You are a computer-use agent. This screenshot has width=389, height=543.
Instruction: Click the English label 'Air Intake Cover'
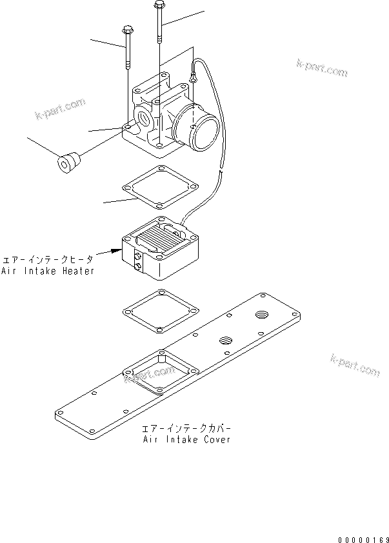[x=186, y=440]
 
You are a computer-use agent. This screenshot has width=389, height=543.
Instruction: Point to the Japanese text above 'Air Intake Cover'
[x=186, y=428]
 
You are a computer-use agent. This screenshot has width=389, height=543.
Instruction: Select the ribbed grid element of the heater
[x=159, y=236]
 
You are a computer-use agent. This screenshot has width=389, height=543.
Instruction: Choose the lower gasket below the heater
[x=157, y=311]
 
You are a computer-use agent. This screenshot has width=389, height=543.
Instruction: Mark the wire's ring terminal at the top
[x=193, y=79]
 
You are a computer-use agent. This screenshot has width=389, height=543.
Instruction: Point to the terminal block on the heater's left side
[x=138, y=261]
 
